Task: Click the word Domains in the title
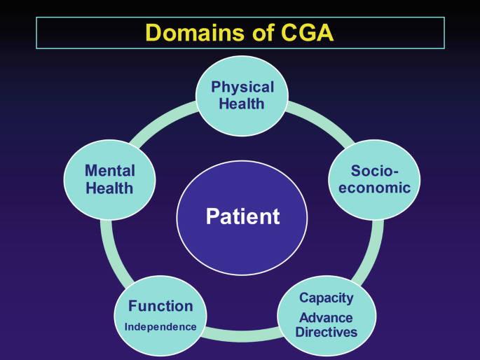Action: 195,32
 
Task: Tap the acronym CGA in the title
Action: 307,32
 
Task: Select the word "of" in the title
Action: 263,32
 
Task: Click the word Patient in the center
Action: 242,216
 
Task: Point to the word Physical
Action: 242,87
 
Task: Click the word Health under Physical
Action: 242,104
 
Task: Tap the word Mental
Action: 110,170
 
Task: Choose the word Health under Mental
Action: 109,188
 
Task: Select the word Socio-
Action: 374,170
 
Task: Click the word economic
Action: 374,187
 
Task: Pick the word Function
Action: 160,306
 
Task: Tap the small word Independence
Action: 160,326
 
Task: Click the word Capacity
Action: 327,298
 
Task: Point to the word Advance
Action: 326,317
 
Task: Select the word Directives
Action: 327,332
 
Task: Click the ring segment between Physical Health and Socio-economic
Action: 322,120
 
